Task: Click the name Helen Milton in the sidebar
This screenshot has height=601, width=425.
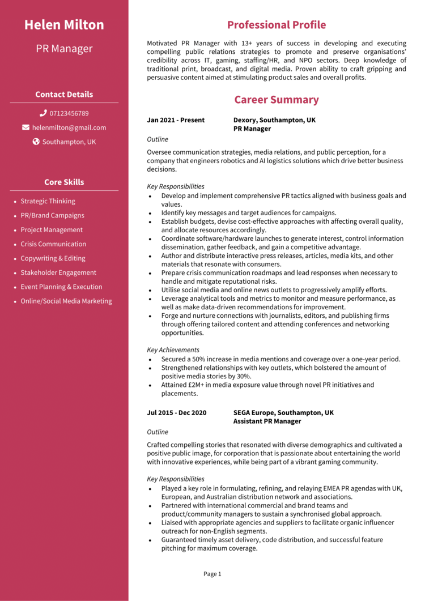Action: [x=64, y=25]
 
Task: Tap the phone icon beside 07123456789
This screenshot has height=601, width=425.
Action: [x=43, y=113]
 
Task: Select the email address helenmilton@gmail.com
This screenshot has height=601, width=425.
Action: [x=69, y=127]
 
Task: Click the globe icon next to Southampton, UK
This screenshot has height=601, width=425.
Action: [x=36, y=142]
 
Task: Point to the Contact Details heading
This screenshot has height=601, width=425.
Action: [x=64, y=95]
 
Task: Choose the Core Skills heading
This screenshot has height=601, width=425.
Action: [x=64, y=182]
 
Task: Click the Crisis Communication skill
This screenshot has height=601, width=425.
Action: [x=53, y=244]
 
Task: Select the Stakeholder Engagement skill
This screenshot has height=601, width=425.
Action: [x=58, y=272]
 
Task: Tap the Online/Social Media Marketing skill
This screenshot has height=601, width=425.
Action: [x=66, y=301]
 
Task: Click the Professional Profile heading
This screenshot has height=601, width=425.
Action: [x=277, y=25]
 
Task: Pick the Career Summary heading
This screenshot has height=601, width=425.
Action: [x=277, y=100]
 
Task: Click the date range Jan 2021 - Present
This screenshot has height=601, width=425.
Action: [x=176, y=120]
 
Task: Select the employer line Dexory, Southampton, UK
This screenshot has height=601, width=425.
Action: [x=274, y=120]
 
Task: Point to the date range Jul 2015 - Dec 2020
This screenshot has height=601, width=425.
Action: [x=177, y=413]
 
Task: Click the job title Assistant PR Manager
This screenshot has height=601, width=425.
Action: [x=267, y=421]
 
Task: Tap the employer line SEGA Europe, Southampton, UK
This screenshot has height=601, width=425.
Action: [x=283, y=413]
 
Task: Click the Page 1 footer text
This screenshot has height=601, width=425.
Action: [x=212, y=574]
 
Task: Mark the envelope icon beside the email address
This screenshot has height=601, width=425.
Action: [x=25, y=127]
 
